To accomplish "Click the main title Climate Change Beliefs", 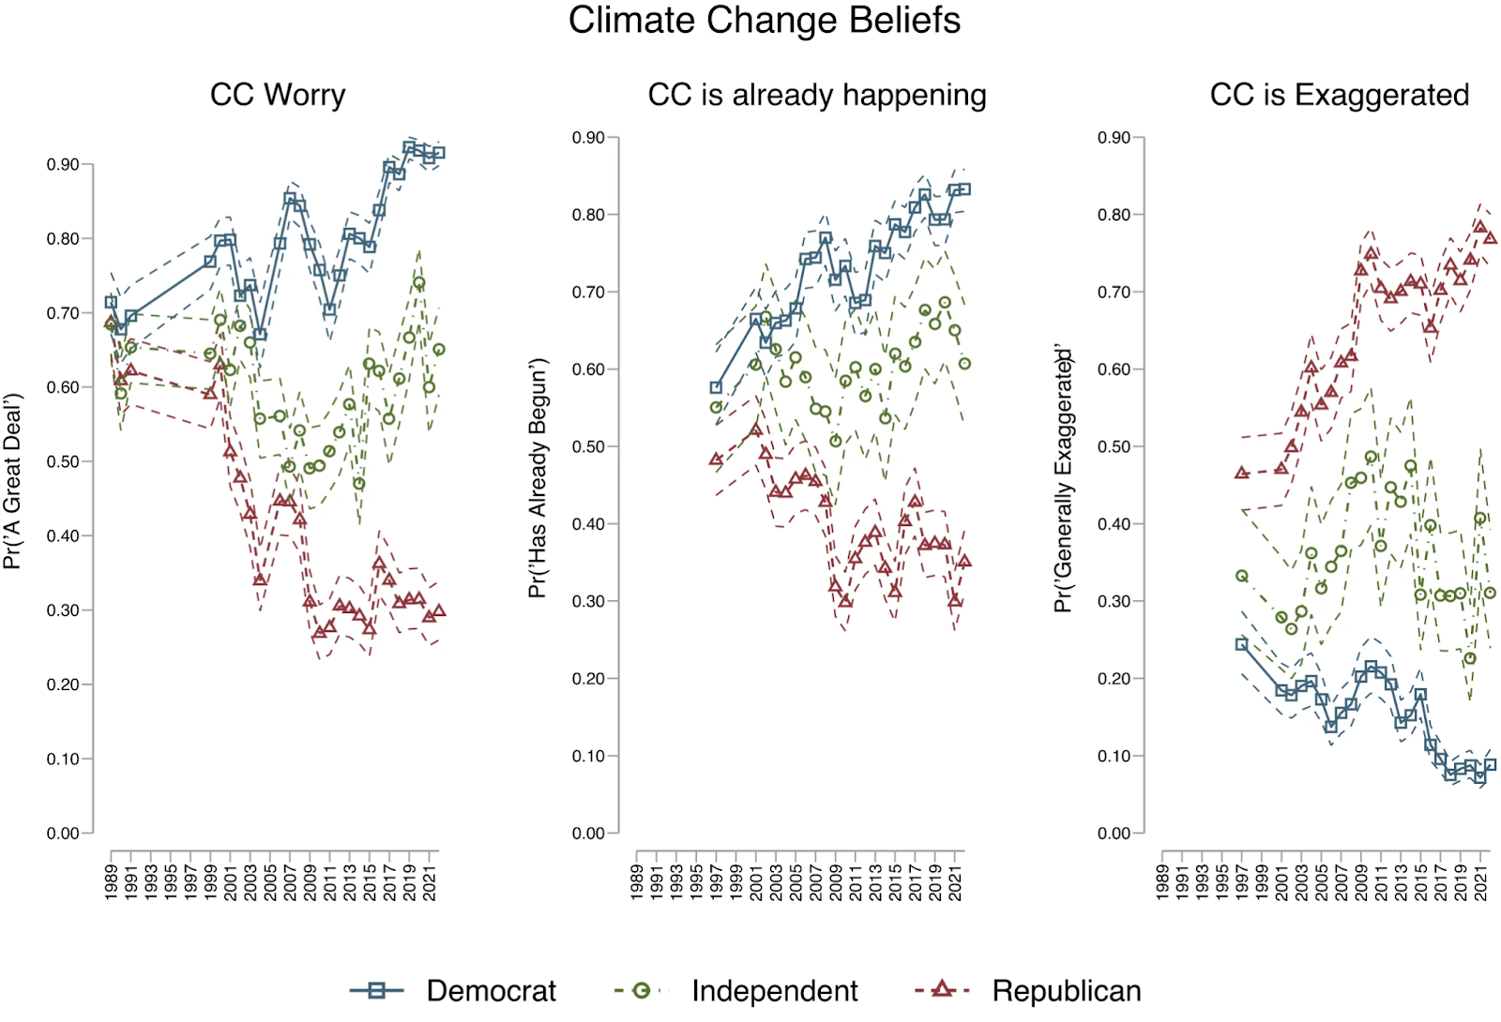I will click(x=764, y=21).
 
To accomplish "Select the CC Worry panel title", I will click(x=278, y=95).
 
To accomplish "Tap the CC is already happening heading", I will click(x=816, y=95).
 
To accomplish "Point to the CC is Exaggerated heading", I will click(x=1339, y=95).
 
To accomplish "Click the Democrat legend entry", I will click(x=491, y=991).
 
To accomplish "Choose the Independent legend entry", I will click(x=774, y=991).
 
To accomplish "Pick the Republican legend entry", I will click(x=1067, y=991).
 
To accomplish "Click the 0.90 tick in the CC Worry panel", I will click(x=63, y=165).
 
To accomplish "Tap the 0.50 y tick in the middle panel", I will click(x=588, y=447).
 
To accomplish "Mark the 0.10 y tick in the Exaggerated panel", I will click(x=1114, y=756).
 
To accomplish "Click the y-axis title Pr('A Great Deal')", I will click(x=11, y=481).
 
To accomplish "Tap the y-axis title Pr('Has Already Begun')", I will click(x=537, y=477).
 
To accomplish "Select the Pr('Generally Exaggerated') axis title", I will click(x=1062, y=477).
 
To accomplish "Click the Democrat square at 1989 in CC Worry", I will click(x=111, y=302).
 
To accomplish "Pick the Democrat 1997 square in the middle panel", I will click(x=716, y=387).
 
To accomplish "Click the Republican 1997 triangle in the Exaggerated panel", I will click(x=1242, y=473).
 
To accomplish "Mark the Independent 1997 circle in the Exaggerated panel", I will click(x=1242, y=576).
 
